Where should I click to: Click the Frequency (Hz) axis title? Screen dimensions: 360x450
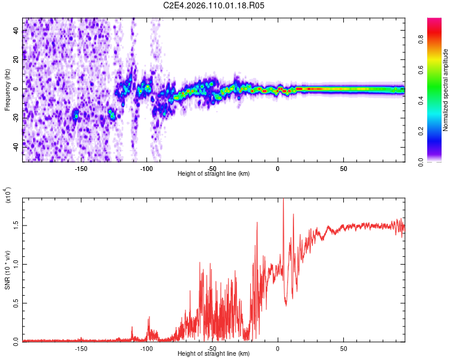coord(7,89)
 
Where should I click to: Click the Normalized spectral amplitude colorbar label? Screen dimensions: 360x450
coord(446,90)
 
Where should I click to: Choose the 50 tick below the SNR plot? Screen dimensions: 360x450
coord(343,348)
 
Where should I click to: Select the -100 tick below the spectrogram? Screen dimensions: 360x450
coord(146,168)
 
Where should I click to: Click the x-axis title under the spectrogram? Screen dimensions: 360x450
coord(214,174)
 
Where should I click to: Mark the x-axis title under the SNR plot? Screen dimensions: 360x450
coord(214,354)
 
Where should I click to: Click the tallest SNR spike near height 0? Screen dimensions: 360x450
coord(283,200)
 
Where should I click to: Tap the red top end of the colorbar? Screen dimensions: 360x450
coord(434,21)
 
